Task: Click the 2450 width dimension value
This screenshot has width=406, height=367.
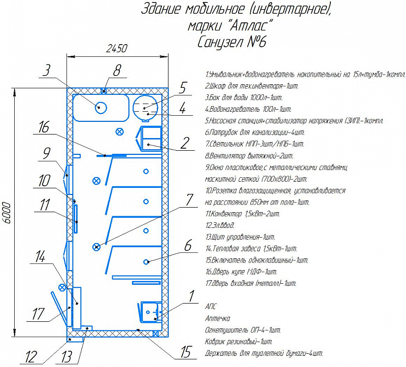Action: [117, 48]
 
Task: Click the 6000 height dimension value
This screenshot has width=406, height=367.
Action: [7, 213]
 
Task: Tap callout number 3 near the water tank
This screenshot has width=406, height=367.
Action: [46, 70]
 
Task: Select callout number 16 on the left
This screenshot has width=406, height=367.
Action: [44, 127]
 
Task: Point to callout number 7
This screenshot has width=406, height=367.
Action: [190, 199]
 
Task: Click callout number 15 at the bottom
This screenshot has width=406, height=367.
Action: [186, 352]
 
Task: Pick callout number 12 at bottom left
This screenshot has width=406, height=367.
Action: [31, 357]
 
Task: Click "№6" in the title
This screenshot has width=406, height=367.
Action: [256, 42]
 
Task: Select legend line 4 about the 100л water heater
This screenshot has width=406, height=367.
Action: [248, 109]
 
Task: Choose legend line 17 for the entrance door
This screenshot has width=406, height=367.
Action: [251, 283]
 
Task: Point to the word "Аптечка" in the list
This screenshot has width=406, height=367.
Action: [218, 318]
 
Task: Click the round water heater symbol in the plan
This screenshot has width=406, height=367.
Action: [145, 108]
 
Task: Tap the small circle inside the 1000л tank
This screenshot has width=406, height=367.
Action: [100, 108]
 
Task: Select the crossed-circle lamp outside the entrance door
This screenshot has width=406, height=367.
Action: [62, 287]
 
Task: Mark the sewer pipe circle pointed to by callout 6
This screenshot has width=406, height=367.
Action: [146, 261]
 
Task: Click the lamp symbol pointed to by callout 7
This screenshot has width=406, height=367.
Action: [96, 247]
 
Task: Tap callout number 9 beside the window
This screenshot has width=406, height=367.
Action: [47, 153]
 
